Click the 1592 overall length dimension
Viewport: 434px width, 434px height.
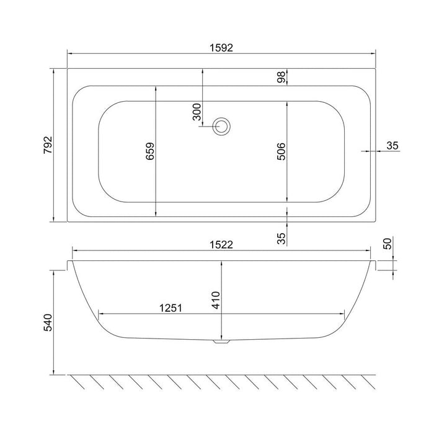pos(220,48)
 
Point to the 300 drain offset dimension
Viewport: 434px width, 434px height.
pos(197,112)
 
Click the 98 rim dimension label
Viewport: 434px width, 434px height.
pos(281,77)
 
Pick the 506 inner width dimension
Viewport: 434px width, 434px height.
pos(281,152)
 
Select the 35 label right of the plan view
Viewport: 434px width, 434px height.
pos(392,146)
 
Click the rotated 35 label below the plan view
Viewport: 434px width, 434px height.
pos(281,237)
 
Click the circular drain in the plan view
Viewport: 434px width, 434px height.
pos(221,126)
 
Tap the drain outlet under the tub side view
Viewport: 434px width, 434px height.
pos(221,340)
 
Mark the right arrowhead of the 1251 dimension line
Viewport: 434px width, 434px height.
pos(342,313)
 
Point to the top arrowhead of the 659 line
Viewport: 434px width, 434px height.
pos(156,87)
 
